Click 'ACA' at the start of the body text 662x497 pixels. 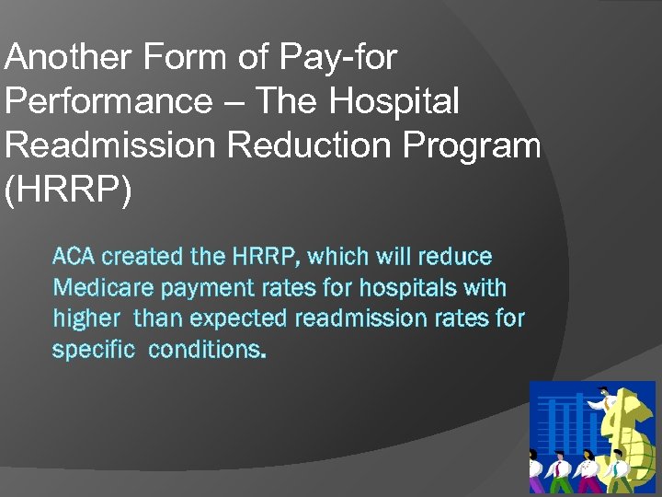tap(75, 257)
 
